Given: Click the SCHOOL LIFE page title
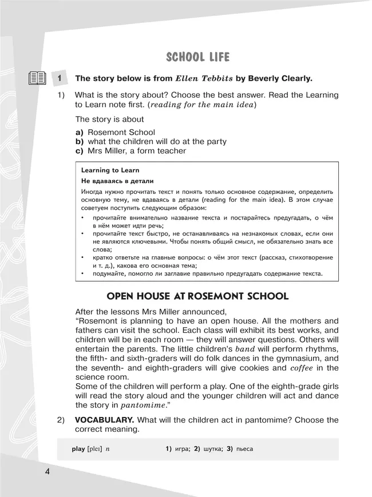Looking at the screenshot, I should (197, 57).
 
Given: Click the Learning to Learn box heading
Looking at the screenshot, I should (110, 170).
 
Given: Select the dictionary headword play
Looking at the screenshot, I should (78, 449).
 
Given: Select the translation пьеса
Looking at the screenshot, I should (244, 449).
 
